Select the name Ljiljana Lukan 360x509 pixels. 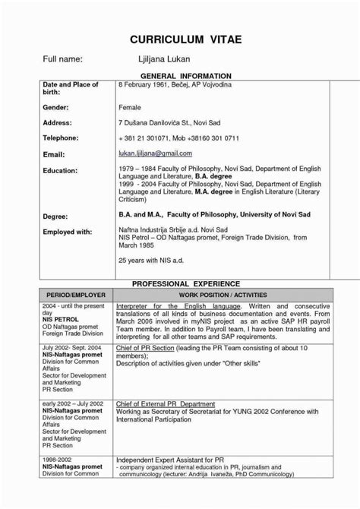[165, 59]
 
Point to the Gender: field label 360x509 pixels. [57, 109]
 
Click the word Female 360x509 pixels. [130, 109]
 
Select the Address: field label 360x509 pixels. [58, 122]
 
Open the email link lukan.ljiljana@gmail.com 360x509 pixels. [155, 153]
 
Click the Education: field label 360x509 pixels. [61, 170]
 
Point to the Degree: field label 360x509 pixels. [56, 217]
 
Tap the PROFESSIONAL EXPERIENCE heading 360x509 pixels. [180, 283]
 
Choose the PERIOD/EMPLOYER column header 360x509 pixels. [74, 294]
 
